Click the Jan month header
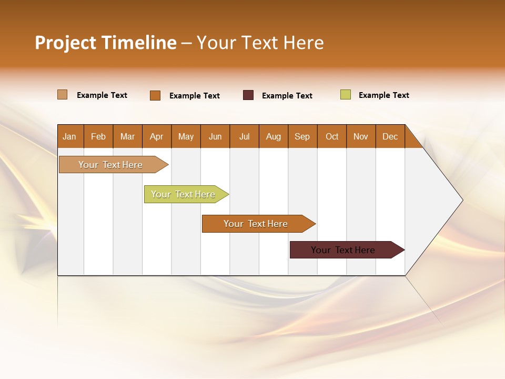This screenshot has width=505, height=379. coord(70,136)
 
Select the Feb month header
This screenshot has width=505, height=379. coord(98,136)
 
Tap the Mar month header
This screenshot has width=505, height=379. coord(127,136)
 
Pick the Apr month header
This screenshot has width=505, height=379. coord(157,136)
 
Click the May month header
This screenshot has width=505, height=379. coord(186,136)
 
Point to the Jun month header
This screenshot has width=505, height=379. coord(215,136)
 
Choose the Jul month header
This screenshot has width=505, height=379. coord(244,136)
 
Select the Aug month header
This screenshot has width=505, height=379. coord(274,136)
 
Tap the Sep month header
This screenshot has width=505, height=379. coord(302,136)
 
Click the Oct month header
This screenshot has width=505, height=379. coord(332,136)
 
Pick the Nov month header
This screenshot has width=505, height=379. coord(361,136)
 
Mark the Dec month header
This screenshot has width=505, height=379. coord(390,136)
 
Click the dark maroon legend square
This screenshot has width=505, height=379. coord(248,95)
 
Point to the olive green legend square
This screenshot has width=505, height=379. coord(346,95)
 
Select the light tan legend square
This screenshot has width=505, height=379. coord(63,95)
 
